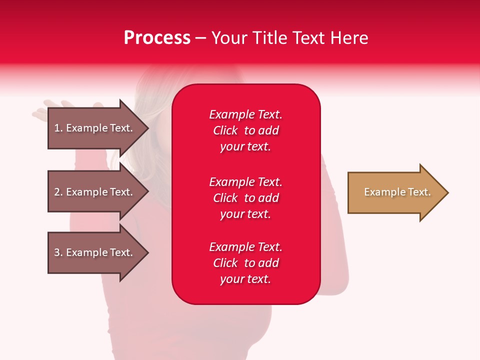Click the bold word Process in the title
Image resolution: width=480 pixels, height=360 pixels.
click(x=157, y=38)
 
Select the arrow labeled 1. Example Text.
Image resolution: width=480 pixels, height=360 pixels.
click(x=95, y=128)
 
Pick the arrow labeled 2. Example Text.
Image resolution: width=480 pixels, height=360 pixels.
click(x=95, y=192)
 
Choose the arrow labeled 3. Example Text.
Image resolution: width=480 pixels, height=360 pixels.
click(x=95, y=252)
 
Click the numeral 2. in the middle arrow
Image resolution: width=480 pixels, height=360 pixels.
click(x=58, y=192)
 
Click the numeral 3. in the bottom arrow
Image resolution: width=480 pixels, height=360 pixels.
click(x=58, y=252)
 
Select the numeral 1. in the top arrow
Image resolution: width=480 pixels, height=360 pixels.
click(x=58, y=128)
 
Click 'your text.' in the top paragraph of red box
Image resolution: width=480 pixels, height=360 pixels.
click(x=245, y=147)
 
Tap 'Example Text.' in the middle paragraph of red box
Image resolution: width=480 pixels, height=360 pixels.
click(x=245, y=181)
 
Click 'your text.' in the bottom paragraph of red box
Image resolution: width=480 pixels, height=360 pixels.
click(x=245, y=279)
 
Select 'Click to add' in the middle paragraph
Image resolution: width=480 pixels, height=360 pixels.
click(x=245, y=198)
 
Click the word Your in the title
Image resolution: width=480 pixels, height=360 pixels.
click(x=229, y=38)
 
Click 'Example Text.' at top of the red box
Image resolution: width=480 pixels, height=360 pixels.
click(x=245, y=114)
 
